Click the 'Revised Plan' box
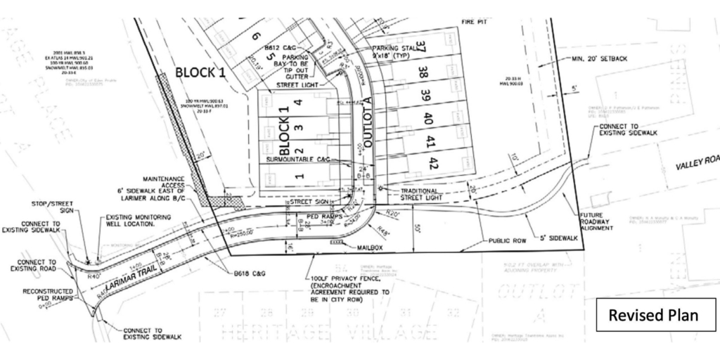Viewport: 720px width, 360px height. (x=653, y=314)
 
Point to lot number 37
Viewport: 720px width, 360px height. (x=420, y=49)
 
